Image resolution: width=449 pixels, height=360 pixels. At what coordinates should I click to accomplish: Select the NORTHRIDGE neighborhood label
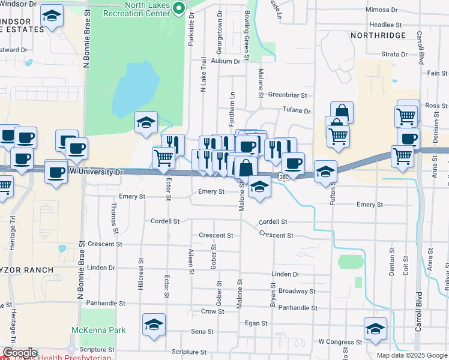tap(379, 36)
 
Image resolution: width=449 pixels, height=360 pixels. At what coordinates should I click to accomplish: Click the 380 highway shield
tap(283, 176)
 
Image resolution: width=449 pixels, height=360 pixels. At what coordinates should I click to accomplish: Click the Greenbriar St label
tap(288, 95)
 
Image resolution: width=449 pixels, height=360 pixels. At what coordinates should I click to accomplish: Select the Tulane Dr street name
tap(297, 111)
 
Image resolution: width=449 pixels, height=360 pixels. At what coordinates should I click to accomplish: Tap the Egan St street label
tap(256, 323)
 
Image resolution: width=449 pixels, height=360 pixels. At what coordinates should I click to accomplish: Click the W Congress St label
tap(340, 341)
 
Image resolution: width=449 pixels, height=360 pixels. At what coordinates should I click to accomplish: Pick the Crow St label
tap(212, 311)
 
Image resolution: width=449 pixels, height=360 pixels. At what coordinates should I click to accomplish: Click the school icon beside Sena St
tap(153, 325)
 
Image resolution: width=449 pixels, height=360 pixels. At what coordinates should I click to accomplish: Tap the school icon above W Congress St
tap(375, 328)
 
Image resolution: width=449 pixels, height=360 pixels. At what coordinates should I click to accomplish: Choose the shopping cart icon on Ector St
tap(164, 157)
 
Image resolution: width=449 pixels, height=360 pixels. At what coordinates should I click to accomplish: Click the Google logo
tap(20, 353)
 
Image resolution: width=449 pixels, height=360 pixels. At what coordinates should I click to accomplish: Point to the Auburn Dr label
tap(226, 61)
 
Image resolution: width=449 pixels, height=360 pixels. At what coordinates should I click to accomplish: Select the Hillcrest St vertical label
tap(141, 270)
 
